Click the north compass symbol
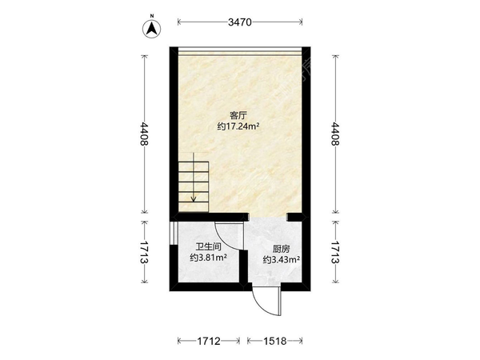point(152,28)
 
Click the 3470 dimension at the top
point(240,22)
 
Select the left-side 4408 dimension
point(144,134)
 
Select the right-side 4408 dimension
point(336,134)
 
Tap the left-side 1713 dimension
point(144,252)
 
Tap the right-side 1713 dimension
point(336,252)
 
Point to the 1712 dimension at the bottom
point(209,341)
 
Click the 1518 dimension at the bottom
point(275,341)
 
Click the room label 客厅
point(238,116)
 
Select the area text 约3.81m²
point(208,258)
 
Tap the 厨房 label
point(282,249)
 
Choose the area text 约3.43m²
point(282,260)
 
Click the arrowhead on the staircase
point(194,199)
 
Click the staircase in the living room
point(194,183)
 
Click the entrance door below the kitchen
point(265,302)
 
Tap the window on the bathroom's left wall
point(173,233)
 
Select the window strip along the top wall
point(240,51)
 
